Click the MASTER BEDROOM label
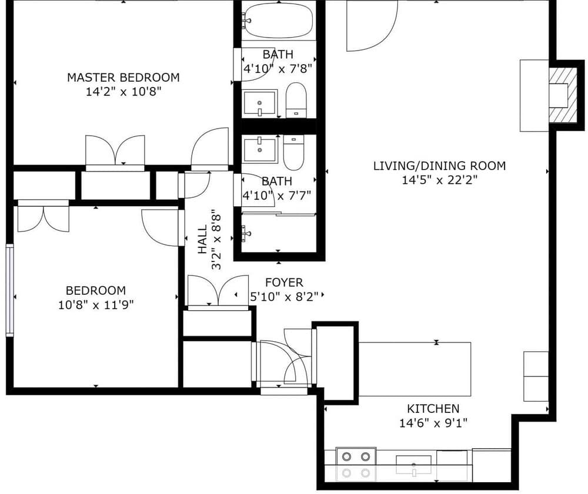123,78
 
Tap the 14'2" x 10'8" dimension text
123,92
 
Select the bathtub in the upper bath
279,21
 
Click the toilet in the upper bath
296,100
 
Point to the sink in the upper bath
260,103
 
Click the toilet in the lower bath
293,153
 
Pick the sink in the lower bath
260,150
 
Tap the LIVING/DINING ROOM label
439,166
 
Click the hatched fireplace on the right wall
563,95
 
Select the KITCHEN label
433,408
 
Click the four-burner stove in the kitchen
356,465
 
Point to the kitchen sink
413,465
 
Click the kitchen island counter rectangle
415,369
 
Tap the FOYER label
284,283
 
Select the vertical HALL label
202,239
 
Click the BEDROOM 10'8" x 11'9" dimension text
96,305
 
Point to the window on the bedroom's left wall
10,290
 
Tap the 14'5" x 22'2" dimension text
439,180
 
